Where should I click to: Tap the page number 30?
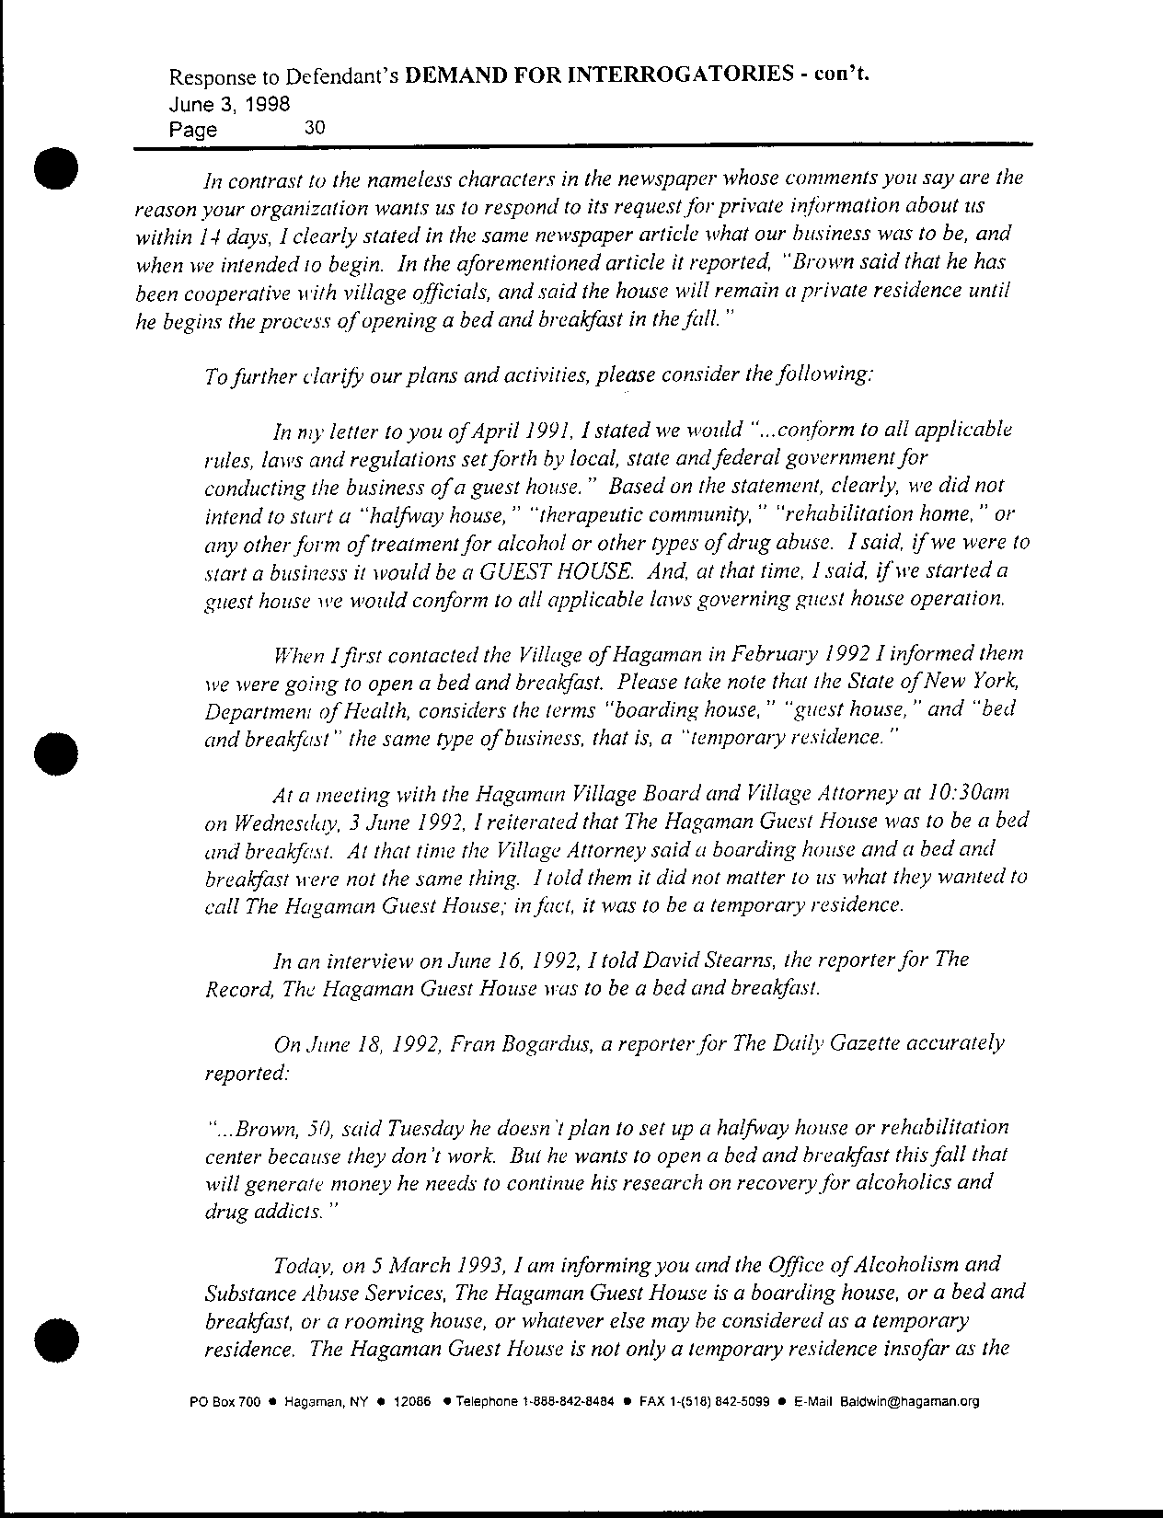314,128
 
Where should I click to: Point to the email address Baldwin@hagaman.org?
908,1402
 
